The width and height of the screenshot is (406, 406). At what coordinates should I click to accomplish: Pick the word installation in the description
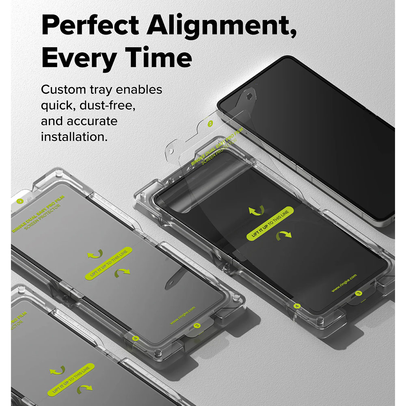[74, 136]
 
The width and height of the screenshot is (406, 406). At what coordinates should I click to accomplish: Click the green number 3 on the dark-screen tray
[358, 293]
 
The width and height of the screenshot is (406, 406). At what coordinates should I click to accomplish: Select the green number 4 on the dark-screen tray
[297, 306]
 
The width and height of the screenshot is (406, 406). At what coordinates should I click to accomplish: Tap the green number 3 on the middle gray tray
[197, 326]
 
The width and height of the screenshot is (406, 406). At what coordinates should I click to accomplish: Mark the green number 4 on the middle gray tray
[135, 337]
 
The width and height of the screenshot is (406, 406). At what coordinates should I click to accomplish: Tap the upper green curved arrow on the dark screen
[257, 209]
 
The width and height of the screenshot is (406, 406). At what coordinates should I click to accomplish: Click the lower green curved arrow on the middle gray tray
[122, 273]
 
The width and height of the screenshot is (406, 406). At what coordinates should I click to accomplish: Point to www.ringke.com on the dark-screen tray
[344, 283]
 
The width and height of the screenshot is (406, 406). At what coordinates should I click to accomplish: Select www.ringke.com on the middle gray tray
[183, 315]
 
